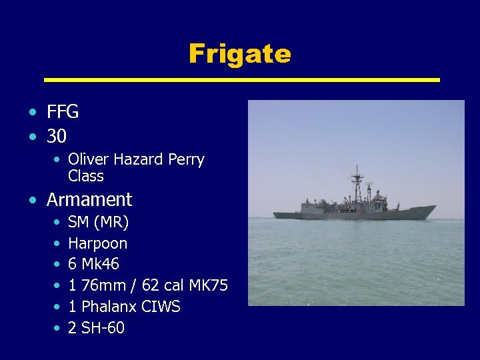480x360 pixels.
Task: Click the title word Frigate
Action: [x=239, y=53]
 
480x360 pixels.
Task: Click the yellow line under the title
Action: [x=241, y=80]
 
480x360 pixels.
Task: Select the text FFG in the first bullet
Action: [x=63, y=112]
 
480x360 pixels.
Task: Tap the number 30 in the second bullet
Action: [x=57, y=137]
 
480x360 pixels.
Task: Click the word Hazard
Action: [x=138, y=160]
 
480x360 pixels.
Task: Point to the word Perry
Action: [x=186, y=160]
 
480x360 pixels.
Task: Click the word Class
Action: [x=86, y=177]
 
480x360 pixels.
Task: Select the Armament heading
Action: [x=89, y=199]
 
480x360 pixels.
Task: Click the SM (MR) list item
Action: [x=99, y=222]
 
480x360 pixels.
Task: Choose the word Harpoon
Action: [x=97, y=243]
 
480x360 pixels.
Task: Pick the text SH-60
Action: [x=103, y=329]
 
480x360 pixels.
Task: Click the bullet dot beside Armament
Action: [x=33, y=200]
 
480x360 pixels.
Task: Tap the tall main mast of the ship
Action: [x=357, y=183]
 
